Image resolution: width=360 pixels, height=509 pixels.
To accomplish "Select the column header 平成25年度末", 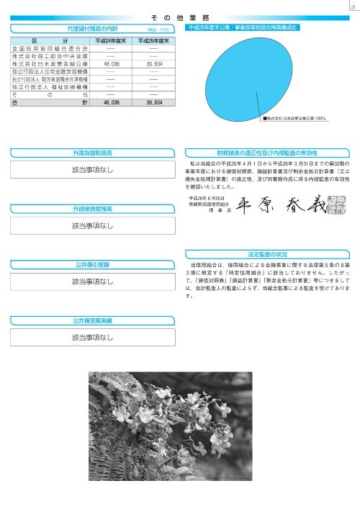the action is [153, 40].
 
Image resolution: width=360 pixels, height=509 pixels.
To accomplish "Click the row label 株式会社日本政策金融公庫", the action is [49, 63].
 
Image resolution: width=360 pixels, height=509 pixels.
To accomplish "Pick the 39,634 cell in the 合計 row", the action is [153, 103].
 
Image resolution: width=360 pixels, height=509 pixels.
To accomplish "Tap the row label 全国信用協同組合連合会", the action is [49, 48].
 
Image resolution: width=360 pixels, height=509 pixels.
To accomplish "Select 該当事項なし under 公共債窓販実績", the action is [93, 336].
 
